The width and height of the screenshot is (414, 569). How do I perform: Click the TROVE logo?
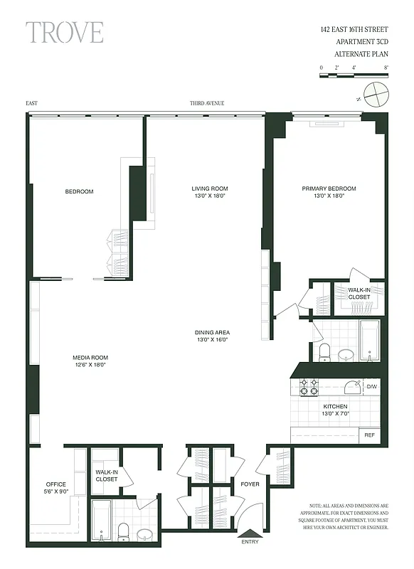(x=65, y=32)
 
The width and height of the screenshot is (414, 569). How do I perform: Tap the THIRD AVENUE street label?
(x=207, y=103)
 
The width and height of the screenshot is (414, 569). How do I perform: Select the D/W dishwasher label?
(x=371, y=387)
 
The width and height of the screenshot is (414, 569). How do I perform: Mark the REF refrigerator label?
(x=370, y=435)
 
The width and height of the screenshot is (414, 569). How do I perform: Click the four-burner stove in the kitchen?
(x=309, y=388)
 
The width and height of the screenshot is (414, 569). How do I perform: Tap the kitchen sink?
(x=351, y=388)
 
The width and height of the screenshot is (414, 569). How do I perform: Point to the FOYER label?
(x=250, y=484)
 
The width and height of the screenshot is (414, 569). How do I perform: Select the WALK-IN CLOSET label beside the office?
(x=107, y=475)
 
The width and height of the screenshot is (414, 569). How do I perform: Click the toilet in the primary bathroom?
(x=324, y=351)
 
